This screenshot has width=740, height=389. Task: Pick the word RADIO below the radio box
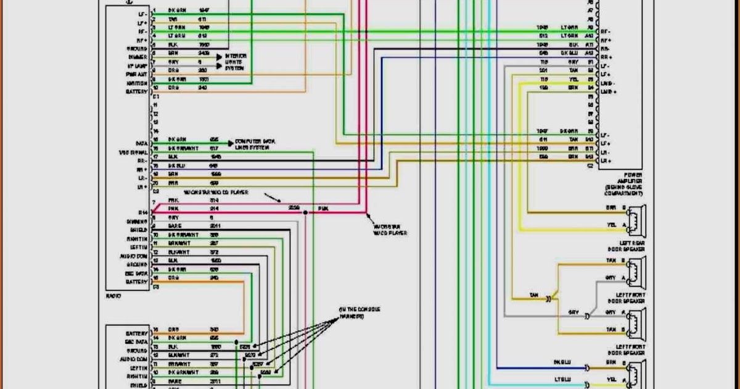coord(113,296)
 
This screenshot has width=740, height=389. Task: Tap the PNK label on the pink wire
coord(323,209)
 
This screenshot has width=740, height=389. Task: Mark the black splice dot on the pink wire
coord(305,212)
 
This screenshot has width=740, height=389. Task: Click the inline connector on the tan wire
coord(548,298)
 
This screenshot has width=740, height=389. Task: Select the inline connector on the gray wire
coord(587,316)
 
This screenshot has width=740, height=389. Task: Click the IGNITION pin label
coord(137,83)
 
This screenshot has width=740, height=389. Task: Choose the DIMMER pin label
coord(138,57)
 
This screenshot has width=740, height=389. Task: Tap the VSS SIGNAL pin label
coord(133,152)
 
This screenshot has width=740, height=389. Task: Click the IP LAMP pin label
coord(137,65)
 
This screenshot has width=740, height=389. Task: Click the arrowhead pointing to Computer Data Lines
coord(229,142)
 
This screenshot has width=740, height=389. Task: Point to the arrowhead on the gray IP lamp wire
coord(220,64)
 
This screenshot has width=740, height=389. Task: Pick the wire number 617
coord(214,148)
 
